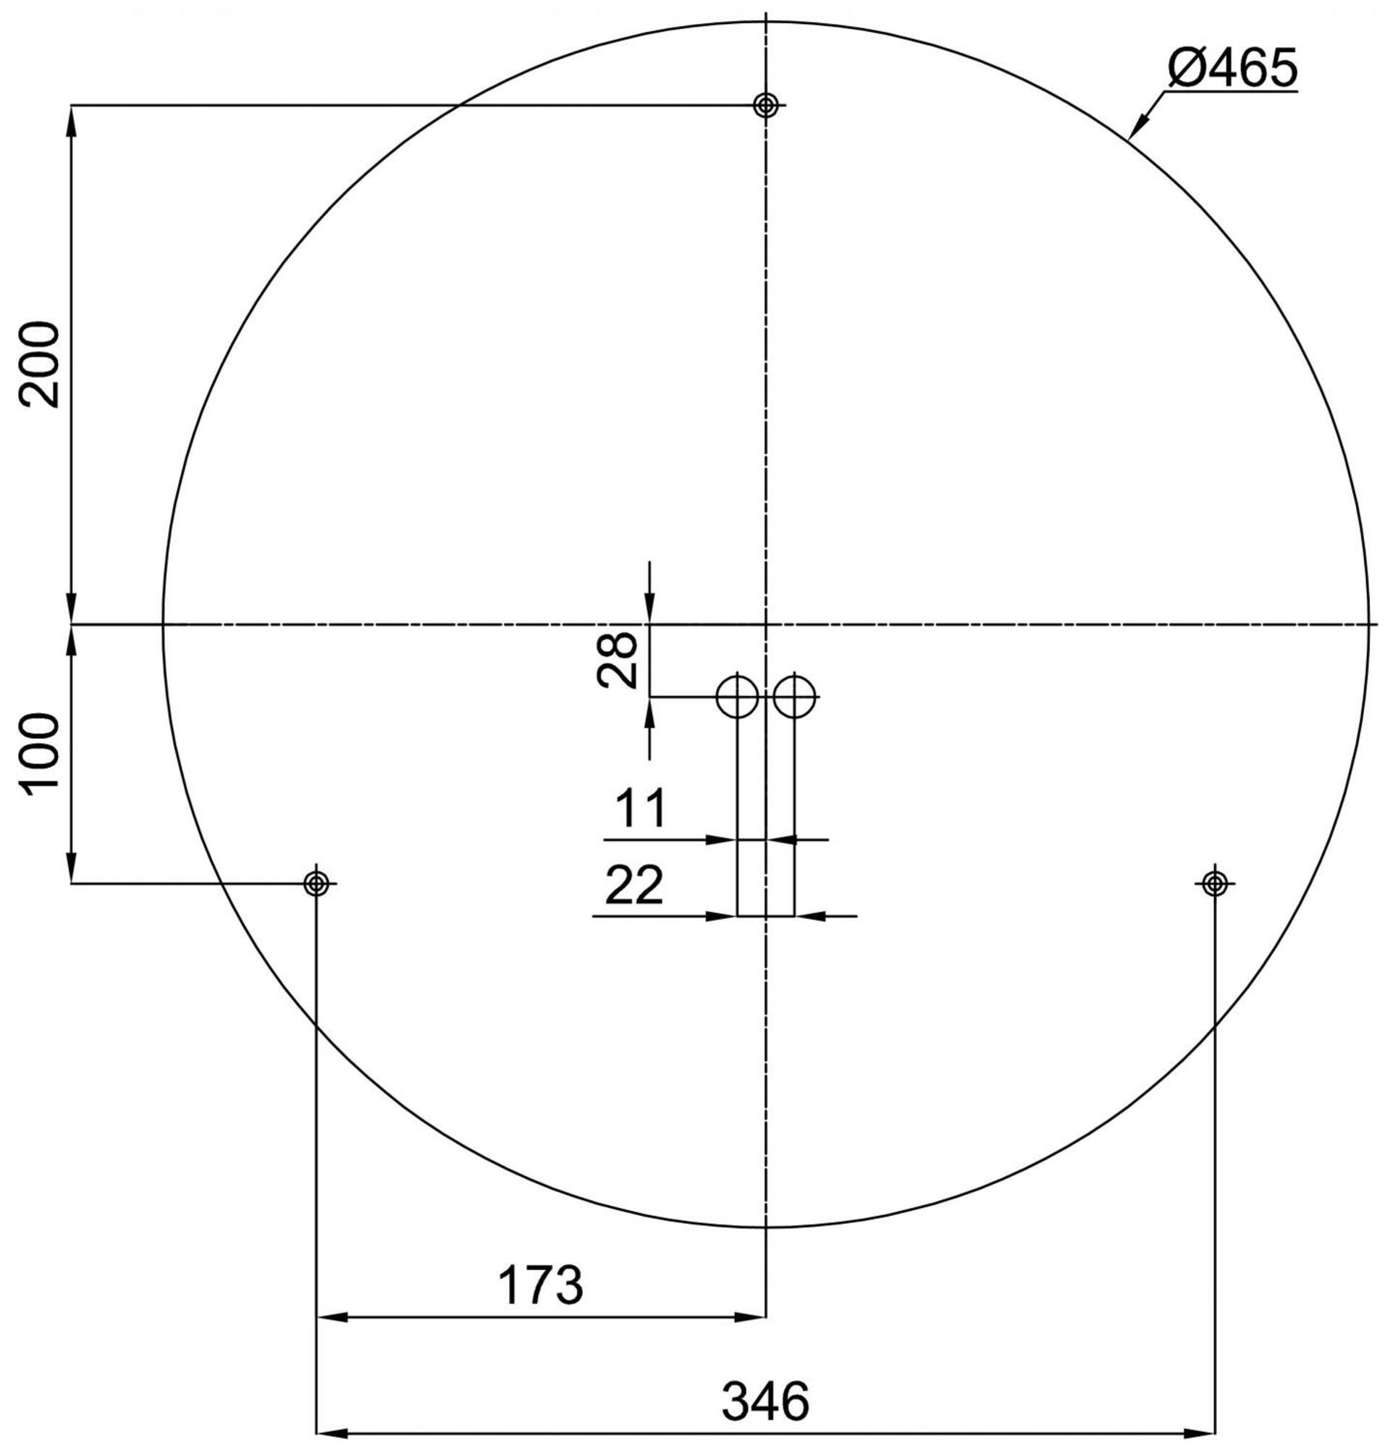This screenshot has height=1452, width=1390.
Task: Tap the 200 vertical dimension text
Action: pos(41,364)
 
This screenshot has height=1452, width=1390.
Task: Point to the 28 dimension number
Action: pos(617,659)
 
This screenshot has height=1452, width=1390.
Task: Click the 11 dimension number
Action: pos(641,808)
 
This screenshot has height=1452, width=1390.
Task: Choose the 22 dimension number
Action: pos(634,885)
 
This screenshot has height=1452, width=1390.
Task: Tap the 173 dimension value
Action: pos(540,1285)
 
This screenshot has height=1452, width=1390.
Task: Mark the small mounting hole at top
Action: pos(765,105)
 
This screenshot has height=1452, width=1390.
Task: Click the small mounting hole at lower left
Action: pos(316,883)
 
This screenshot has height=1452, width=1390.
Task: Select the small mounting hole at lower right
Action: pos(1215,883)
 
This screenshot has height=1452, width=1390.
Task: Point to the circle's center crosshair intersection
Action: pos(765,624)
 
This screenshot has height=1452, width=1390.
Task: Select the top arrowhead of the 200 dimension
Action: pos(71,119)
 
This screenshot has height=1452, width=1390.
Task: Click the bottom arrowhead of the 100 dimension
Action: pos(71,869)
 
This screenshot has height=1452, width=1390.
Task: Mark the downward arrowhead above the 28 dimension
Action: pos(649,611)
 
